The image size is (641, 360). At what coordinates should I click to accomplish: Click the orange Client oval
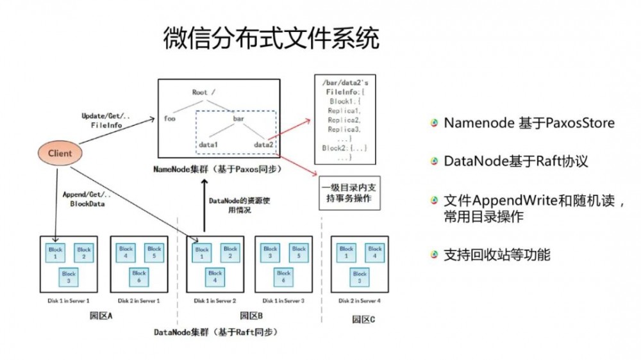pos(60,154)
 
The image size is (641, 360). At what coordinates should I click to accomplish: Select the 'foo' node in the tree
pos(170,118)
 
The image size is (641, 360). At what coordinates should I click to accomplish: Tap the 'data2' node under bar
pos(263,145)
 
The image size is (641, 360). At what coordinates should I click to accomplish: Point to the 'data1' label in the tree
pos(209,145)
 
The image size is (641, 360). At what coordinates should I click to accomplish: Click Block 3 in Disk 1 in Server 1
pos(69,277)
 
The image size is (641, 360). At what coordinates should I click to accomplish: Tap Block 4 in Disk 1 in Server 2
pos(215,277)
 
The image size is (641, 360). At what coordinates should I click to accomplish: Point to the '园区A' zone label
pos(101,316)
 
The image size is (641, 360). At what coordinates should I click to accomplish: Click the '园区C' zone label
pos(363,319)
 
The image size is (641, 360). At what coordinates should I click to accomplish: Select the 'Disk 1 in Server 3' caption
pos(283,300)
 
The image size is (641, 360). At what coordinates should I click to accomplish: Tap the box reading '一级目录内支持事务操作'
pos(346,193)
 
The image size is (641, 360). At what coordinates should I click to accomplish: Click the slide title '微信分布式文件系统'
pos(271,40)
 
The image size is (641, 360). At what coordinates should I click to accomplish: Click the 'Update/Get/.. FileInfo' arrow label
pos(106,120)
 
